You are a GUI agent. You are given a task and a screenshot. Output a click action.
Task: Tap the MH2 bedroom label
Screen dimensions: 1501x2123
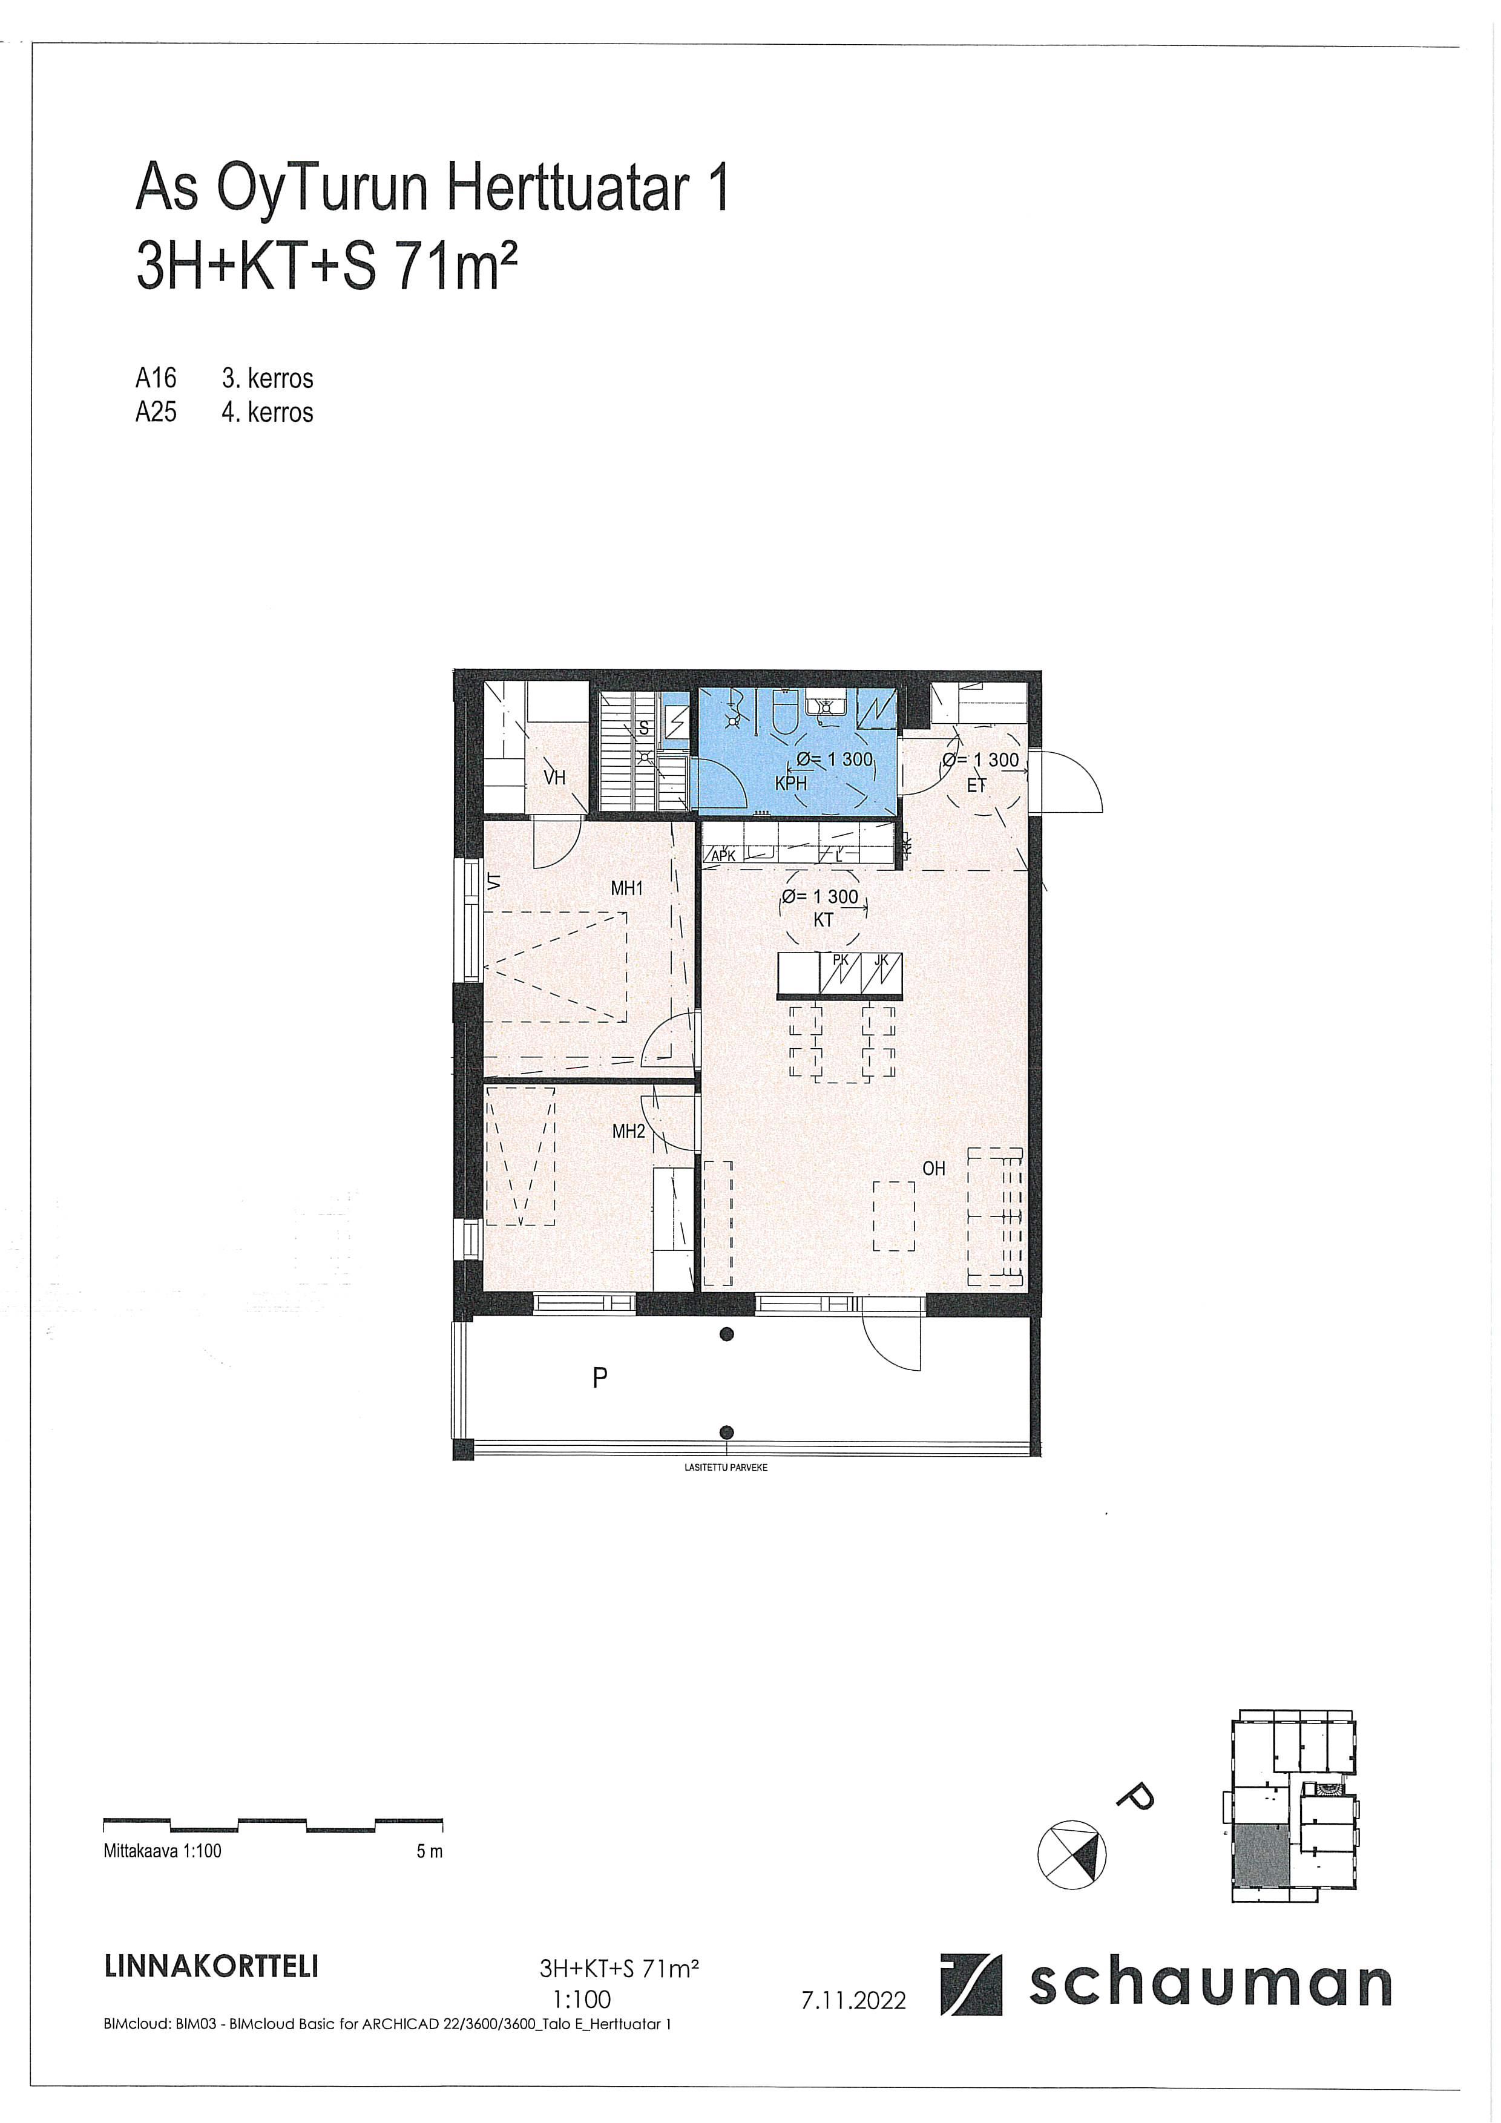(628, 1131)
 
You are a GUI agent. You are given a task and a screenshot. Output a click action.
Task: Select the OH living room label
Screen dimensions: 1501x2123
(934, 1169)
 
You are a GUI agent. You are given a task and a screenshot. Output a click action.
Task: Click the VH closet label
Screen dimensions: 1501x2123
(555, 778)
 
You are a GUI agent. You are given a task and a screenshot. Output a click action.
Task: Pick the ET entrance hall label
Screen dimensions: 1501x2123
(977, 786)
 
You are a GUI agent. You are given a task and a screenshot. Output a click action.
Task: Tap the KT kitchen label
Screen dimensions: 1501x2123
(823, 920)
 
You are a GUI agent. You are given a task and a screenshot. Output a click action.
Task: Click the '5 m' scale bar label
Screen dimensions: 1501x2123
(430, 1852)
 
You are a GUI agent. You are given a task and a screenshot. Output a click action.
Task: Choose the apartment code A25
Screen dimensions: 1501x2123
(156, 412)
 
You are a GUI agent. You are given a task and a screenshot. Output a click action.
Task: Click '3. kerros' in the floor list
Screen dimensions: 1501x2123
(268, 378)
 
